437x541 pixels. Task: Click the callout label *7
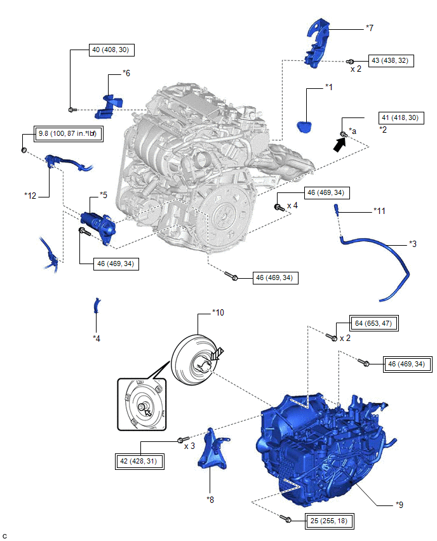[x=370, y=28]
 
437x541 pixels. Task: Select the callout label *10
[x=218, y=313]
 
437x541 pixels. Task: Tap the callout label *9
[x=399, y=505]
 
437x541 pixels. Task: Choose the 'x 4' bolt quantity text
[x=293, y=206]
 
